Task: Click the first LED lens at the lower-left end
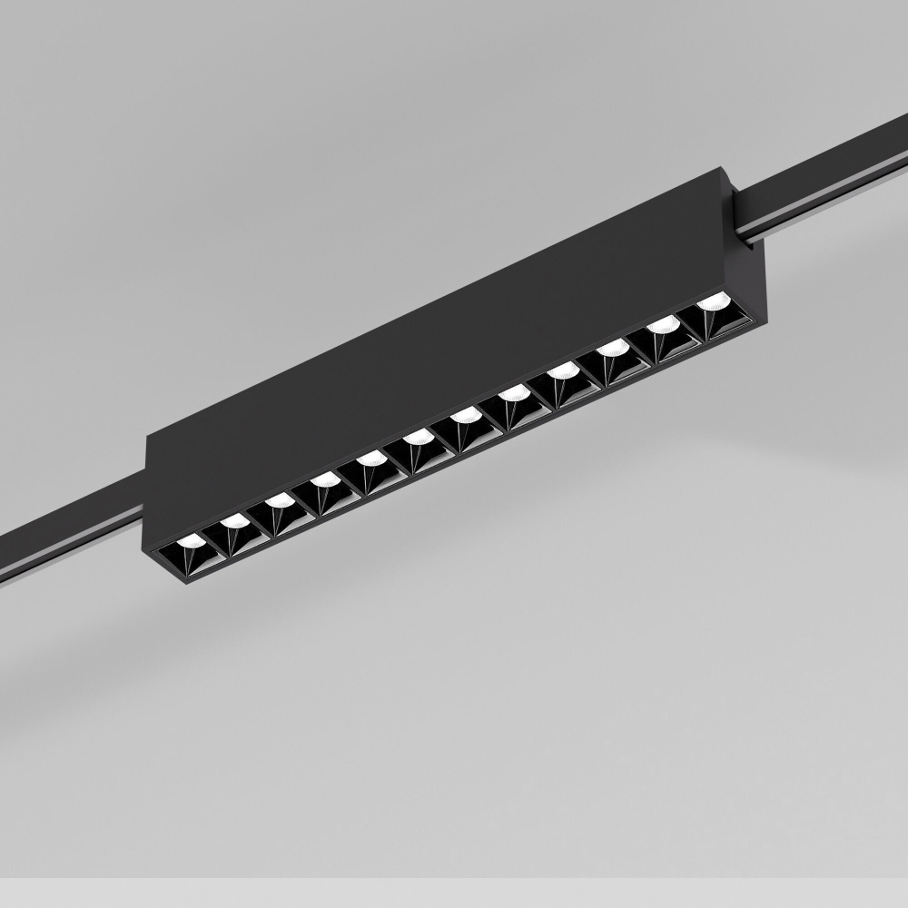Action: point(192,541)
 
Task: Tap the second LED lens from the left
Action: point(234,521)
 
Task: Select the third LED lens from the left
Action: point(280,500)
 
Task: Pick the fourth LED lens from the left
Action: point(324,479)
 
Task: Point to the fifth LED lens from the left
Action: point(370,459)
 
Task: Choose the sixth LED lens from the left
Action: point(419,438)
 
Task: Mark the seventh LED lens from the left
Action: point(467,415)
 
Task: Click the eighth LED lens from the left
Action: point(515,392)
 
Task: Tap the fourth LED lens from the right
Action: point(564,370)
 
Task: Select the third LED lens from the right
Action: point(614,347)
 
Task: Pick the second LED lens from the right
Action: point(664,323)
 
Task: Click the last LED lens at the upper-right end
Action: point(714,301)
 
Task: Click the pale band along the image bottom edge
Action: point(454,895)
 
